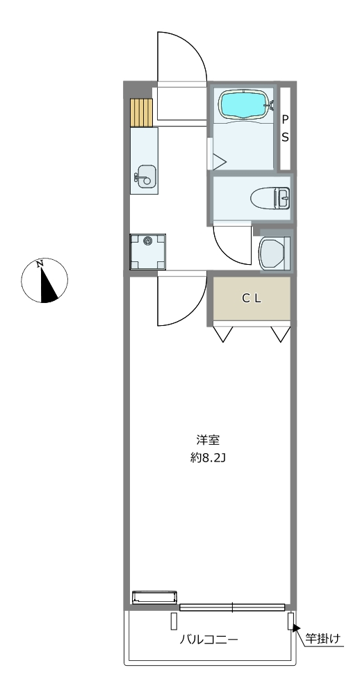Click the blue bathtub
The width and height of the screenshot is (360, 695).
243,105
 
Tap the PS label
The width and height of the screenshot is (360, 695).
285,129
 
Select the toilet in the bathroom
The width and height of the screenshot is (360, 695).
270,197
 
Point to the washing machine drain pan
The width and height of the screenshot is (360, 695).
147,252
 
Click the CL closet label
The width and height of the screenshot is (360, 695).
252,299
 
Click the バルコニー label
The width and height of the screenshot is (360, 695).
209,639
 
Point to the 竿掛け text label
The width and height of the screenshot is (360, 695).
322,639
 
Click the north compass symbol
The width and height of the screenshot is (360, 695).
44,281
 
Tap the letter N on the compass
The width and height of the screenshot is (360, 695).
40,264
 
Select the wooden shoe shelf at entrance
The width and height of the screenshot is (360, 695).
141,113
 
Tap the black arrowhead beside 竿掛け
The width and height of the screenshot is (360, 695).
297,628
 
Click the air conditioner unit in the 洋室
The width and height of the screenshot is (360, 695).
155,597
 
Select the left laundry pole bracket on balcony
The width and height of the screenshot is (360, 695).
174,621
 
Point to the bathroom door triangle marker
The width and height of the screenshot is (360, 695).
219,161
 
